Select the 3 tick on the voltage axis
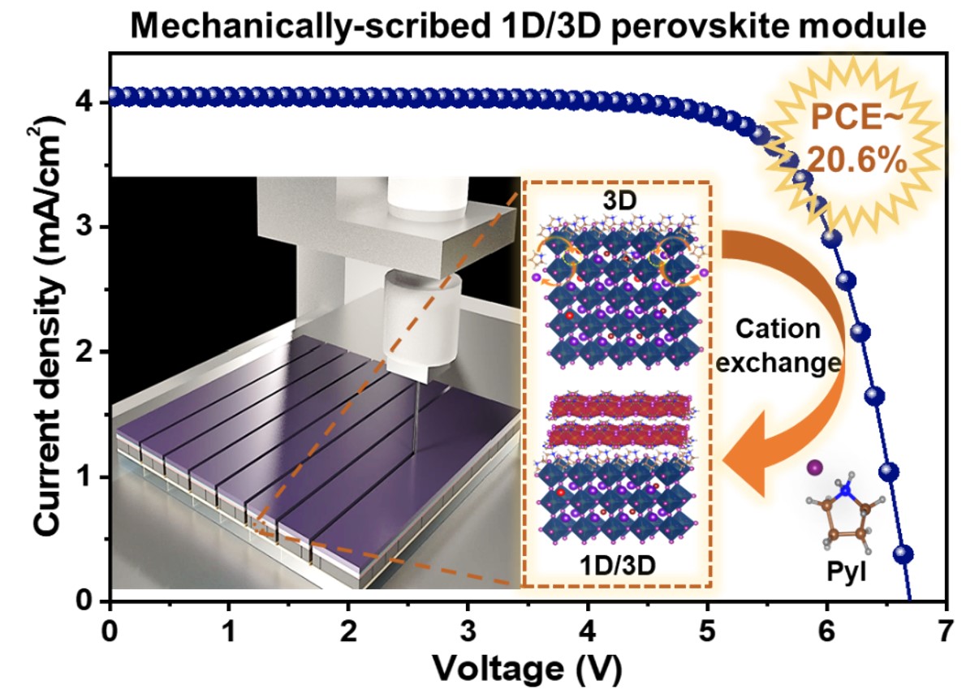(x=468, y=630)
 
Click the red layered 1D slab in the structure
(x=619, y=422)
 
